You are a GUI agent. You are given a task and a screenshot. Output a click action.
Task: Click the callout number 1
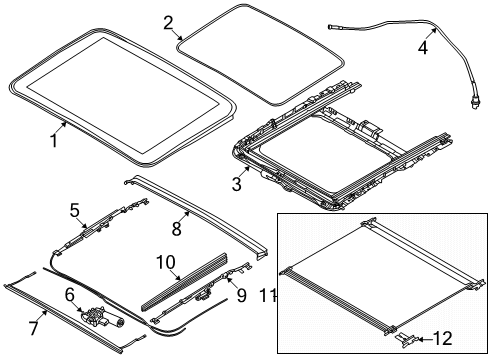[x=54, y=141]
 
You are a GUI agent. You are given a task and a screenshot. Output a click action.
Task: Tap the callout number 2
[x=169, y=23]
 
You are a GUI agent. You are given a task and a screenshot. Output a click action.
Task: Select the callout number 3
[x=236, y=184]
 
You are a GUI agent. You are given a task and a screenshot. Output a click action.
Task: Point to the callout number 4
[x=423, y=47]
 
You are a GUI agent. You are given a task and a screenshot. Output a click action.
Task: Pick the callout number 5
[x=75, y=210]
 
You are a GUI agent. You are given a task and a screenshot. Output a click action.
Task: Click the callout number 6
[x=70, y=296]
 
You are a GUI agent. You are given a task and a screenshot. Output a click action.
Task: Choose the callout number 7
[x=34, y=328]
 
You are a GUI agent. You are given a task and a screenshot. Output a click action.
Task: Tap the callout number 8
[x=176, y=229]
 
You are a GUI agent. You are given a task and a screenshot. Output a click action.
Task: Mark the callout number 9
[x=241, y=295]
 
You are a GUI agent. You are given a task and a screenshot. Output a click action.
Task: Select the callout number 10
[x=166, y=262]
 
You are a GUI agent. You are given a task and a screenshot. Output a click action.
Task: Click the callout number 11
[x=267, y=295]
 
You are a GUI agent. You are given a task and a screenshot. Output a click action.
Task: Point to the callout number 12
[x=442, y=338]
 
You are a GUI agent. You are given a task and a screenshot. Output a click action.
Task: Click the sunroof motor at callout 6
[x=102, y=318]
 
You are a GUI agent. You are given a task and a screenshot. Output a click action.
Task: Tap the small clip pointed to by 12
[x=406, y=340]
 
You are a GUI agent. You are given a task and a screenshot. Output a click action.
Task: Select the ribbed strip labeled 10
[x=185, y=282]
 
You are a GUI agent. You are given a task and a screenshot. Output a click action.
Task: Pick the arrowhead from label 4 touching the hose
[x=434, y=30]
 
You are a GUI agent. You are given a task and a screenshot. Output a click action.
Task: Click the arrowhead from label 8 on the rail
[x=188, y=213]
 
